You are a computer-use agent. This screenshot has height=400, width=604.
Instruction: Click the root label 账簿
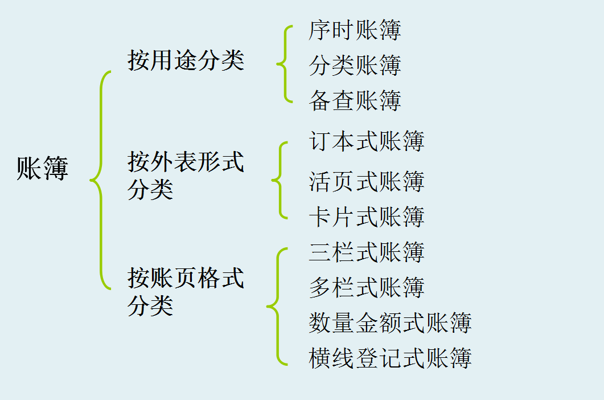pos(43,169)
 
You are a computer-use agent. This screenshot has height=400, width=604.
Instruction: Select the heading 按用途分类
pos(186,60)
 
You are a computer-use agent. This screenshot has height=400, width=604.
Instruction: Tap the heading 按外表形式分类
pos(186,175)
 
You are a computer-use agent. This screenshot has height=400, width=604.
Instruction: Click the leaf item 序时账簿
pos(355,30)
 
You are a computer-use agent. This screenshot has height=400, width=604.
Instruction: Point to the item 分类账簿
pos(355,66)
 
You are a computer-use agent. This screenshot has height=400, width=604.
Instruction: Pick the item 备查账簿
pos(355,100)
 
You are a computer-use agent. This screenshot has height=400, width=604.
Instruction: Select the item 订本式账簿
pos(367,141)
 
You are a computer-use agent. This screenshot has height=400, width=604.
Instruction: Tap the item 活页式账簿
pos(367,182)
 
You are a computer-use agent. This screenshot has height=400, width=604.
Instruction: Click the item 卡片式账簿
pos(367,217)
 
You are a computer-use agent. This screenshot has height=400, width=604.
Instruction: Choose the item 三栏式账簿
pos(367,252)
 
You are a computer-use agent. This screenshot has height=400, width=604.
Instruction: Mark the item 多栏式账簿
pos(367,287)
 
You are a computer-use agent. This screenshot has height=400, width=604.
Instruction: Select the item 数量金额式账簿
pos(390,323)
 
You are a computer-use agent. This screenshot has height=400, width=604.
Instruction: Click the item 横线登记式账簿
pos(390,358)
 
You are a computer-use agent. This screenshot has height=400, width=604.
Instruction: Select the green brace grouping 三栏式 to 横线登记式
pos(276,306)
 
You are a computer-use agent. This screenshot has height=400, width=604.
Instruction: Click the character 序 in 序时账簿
pos(319,30)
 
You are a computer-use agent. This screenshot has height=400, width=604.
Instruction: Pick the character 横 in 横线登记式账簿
pos(319,358)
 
